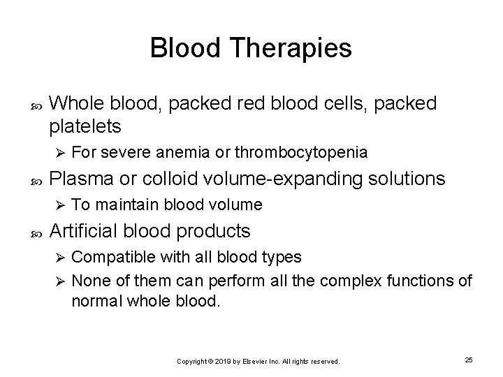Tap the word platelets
[85, 126]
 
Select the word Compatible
[107, 257]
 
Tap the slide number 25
[469, 360]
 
